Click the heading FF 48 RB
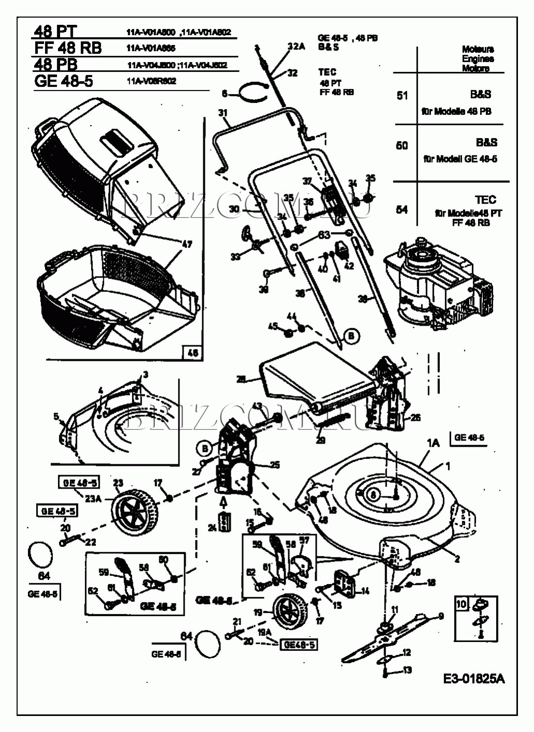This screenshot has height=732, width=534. tap(67, 48)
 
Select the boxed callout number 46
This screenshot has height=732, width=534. tap(192, 353)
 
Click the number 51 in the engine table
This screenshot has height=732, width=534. tap(402, 96)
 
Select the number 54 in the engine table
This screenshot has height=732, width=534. tap(402, 209)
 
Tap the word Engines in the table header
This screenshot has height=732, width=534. tap(478, 59)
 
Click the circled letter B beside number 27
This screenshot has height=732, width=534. tap(205, 447)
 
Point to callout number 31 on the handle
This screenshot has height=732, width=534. tap(223, 113)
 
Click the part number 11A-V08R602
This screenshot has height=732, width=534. tap(151, 81)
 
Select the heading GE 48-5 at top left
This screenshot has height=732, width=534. tap(63, 82)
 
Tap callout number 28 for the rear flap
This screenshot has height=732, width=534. tap(241, 379)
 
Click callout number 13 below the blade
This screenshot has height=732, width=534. tap(407, 670)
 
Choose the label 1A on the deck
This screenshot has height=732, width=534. tap(433, 443)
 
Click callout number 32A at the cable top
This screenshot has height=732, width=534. tap(296, 47)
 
